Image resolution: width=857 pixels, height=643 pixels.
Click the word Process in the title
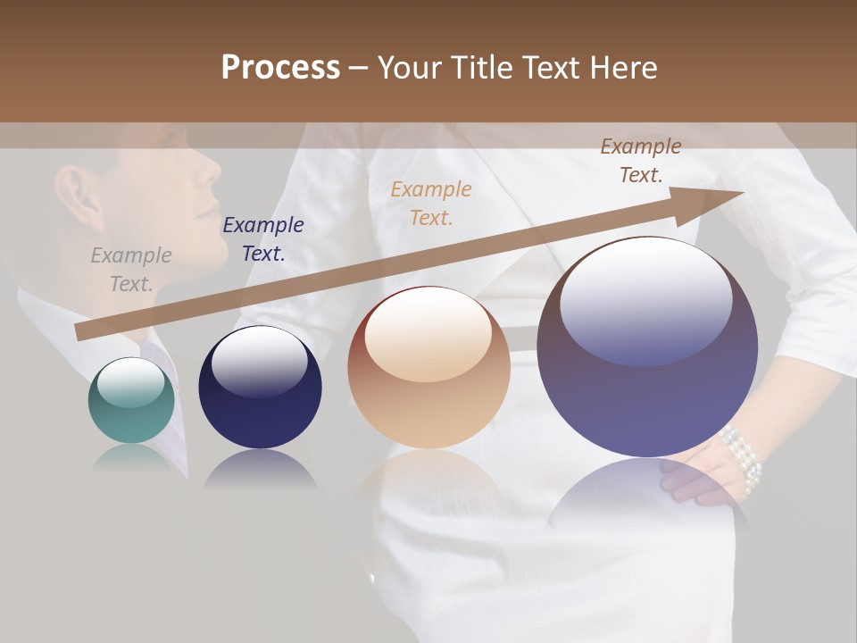(280, 67)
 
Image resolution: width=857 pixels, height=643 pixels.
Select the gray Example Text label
(130, 270)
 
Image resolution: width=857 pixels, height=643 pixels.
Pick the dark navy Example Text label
(262, 239)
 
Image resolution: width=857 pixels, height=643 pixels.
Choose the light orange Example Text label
(431, 203)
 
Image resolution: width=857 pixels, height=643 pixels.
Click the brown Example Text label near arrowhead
(640, 161)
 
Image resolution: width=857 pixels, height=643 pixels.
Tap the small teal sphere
(131, 401)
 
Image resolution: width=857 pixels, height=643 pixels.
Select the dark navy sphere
(260, 388)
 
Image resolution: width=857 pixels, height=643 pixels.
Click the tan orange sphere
(428, 368)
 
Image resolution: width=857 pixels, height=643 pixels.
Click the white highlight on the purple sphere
(645, 290)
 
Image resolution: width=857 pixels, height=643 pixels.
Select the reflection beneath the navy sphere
(260, 469)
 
